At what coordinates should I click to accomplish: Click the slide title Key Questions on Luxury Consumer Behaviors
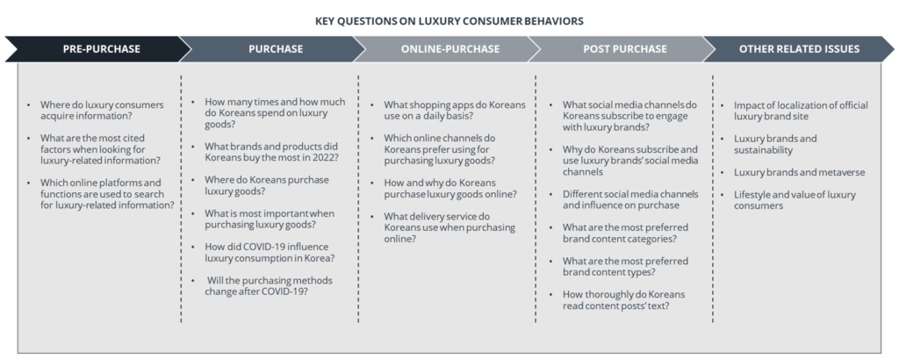449,21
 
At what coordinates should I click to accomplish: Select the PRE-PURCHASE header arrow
98,49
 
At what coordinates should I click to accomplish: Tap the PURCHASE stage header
273,49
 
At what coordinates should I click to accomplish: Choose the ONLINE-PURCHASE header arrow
448,49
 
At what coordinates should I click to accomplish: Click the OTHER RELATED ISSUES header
799,49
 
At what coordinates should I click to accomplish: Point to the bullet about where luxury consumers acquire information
102,110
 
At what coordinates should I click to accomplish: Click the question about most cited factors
100,149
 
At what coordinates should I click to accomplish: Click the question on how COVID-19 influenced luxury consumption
270,252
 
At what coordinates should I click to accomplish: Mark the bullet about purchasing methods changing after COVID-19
269,285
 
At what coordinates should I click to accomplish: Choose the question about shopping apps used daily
455,110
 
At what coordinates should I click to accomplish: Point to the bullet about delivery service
449,227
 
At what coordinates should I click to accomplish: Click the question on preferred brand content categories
625,233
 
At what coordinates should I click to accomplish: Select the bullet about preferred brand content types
625,266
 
